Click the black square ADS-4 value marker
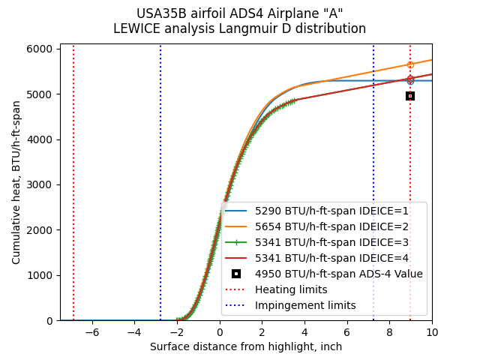click(410, 96)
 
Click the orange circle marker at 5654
click(410, 64)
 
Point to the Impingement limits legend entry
click(305, 306)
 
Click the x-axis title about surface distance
click(246, 346)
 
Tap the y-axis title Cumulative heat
click(16, 182)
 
